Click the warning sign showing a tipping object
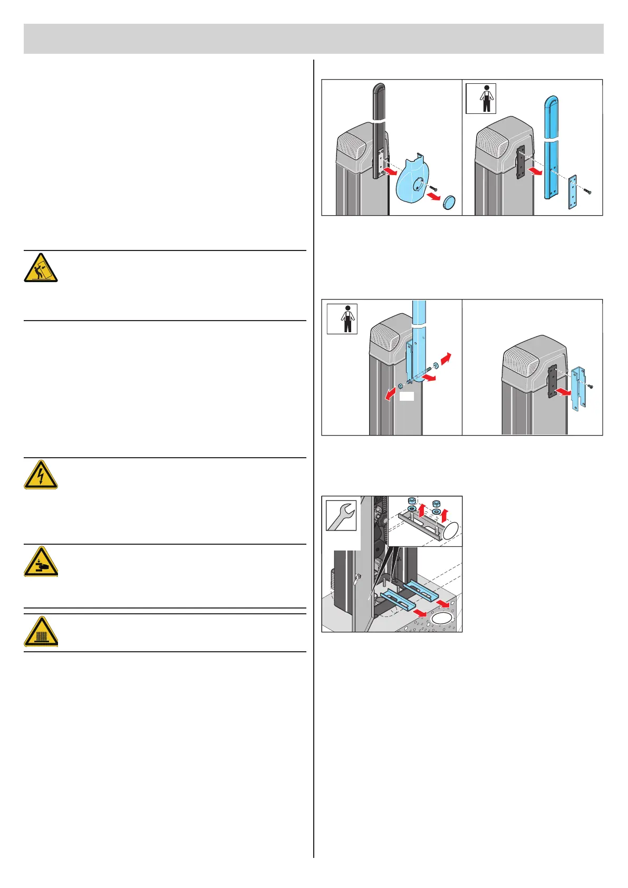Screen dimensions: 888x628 point(41,267)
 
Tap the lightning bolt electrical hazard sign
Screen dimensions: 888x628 point(41,475)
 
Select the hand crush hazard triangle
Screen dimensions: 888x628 point(41,562)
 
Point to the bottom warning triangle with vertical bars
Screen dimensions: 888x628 point(41,632)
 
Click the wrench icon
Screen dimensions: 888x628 point(341,515)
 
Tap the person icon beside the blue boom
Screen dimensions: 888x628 point(480,99)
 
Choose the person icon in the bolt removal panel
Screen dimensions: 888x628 point(342,318)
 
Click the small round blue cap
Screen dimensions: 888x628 point(450,202)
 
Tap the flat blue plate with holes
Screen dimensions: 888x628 point(573,192)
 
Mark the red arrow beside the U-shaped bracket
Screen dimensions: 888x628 point(563,392)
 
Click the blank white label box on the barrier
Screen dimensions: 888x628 point(406,395)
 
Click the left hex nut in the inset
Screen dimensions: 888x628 point(412,501)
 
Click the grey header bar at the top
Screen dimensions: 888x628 point(314,38)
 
